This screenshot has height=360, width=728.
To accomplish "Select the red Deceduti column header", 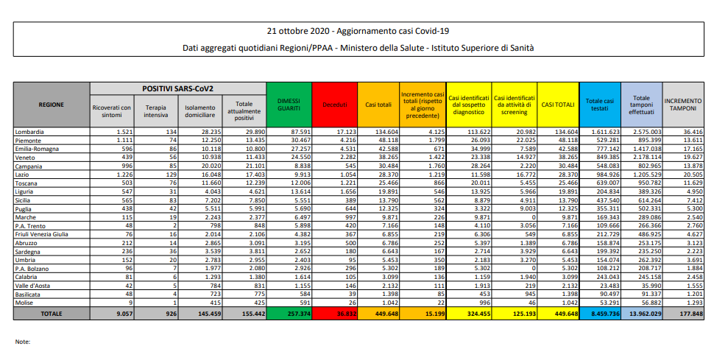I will tap(334, 105).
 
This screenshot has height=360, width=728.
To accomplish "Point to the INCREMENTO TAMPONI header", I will tap(683, 105).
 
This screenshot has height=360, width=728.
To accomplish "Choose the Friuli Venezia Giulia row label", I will tap(42, 233).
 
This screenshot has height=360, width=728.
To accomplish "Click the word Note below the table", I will tap(23, 342).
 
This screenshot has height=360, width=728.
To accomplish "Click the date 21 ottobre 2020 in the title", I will tap(300, 31).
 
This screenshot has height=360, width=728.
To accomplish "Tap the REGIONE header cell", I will tap(51, 105).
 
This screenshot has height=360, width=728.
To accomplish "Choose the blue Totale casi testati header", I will tap(599, 105).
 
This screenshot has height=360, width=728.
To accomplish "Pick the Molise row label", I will tap(25, 301).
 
